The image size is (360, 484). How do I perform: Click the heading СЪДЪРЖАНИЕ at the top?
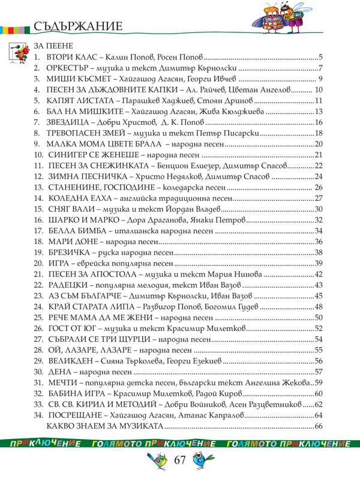tap(79, 26)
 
